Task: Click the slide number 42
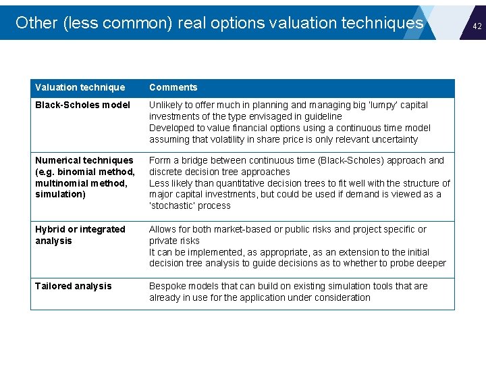(x=477, y=26)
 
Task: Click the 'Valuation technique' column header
(x=80, y=87)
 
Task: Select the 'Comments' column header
(x=173, y=87)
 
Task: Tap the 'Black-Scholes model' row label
(x=82, y=105)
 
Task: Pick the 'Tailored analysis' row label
(x=74, y=286)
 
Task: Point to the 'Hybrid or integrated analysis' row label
(x=80, y=235)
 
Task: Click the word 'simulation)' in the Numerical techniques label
(x=60, y=194)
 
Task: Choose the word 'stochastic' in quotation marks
(x=171, y=205)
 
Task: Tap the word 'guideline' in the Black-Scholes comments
(x=322, y=116)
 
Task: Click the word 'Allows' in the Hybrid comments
(x=163, y=229)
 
